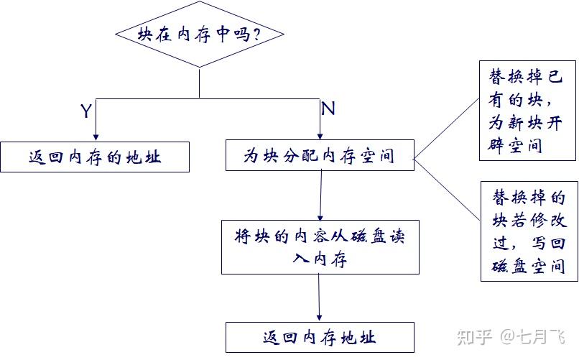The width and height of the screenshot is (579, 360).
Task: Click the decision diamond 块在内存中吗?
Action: (200, 34)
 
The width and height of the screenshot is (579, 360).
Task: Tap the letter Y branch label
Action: (86, 111)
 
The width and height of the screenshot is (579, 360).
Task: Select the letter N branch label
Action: (328, 109)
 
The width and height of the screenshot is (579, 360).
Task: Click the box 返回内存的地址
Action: (95, 157)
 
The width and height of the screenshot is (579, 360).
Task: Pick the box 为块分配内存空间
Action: (320, 155)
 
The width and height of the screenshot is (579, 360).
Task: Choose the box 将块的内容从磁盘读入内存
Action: (320, 247)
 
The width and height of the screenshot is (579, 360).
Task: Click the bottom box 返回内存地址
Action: (320, 337)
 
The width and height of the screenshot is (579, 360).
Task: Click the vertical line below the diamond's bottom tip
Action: (200, 83)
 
